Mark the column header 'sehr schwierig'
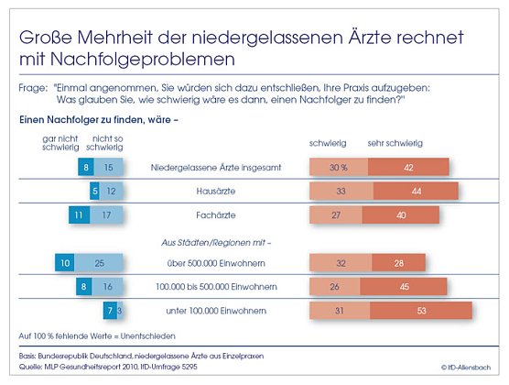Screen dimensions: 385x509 coord(395,144)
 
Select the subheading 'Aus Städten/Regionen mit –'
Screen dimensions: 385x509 coord(215,242)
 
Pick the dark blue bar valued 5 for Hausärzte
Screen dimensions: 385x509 coord(94,191)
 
